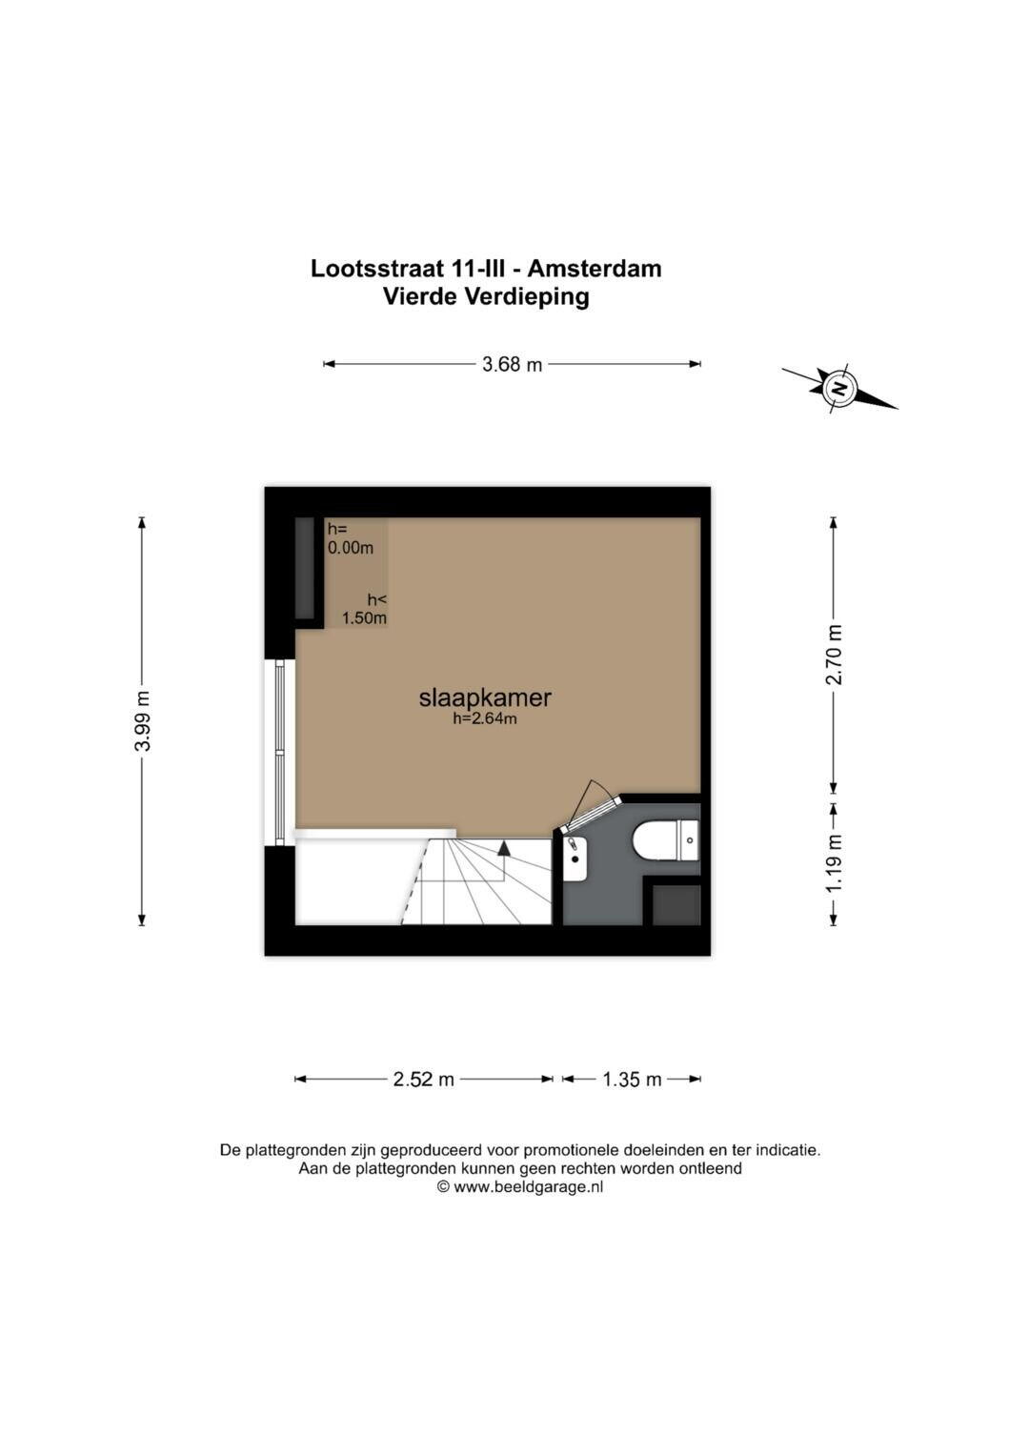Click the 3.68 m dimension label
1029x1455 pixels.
(512, 364)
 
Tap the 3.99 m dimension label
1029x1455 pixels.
(142, 721)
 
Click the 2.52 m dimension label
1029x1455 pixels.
(424, 1080)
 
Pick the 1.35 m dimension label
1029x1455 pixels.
(632, 1080)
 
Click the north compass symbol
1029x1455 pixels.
(839, 389)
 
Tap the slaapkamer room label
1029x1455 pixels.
(485, 697)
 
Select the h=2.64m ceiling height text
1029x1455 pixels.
(485, 718)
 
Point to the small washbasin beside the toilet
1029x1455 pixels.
(575, 859)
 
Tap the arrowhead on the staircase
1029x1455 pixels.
(503, 847)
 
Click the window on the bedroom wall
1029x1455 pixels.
(280, 753)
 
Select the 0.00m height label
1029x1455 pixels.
(351, 548)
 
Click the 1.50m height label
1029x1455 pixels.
(364, 618)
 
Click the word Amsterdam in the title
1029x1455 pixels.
(594, 269)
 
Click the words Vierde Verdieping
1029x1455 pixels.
(486, 297)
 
